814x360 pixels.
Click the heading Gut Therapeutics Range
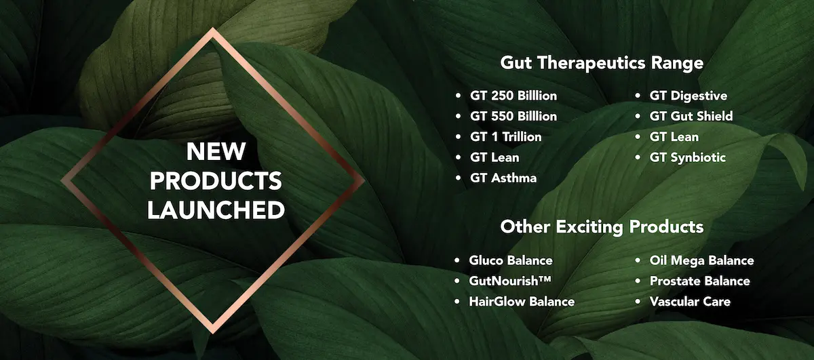click(x=602, y=63)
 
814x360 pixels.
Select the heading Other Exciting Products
click(x=602, y=226)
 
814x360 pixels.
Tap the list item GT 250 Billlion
click(x=513, y=96)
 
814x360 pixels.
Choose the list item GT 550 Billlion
click(x=513, y=116)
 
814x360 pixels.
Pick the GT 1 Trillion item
click(x=506, y=137)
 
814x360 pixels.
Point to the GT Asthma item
click(x=503, y=178)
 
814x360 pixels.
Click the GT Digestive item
click(x=689, y=96)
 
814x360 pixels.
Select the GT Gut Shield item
click(x=691, y=116)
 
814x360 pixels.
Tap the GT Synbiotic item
click(x=688, y=158)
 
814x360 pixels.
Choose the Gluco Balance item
click(x=511, y=260)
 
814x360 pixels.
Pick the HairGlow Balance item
click(x=522, y=302)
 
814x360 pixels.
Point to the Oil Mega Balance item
click(x=701, y=260)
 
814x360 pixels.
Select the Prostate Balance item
click(x=700, y=281)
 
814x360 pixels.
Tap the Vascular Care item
click(x=690, y=302)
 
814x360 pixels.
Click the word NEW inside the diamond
click(x=216, y=151)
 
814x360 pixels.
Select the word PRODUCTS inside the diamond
click(x=216, y=181)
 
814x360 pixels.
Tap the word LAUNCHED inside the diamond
click(x=216, y=210)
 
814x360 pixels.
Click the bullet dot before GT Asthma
click(x=458, y=178)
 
